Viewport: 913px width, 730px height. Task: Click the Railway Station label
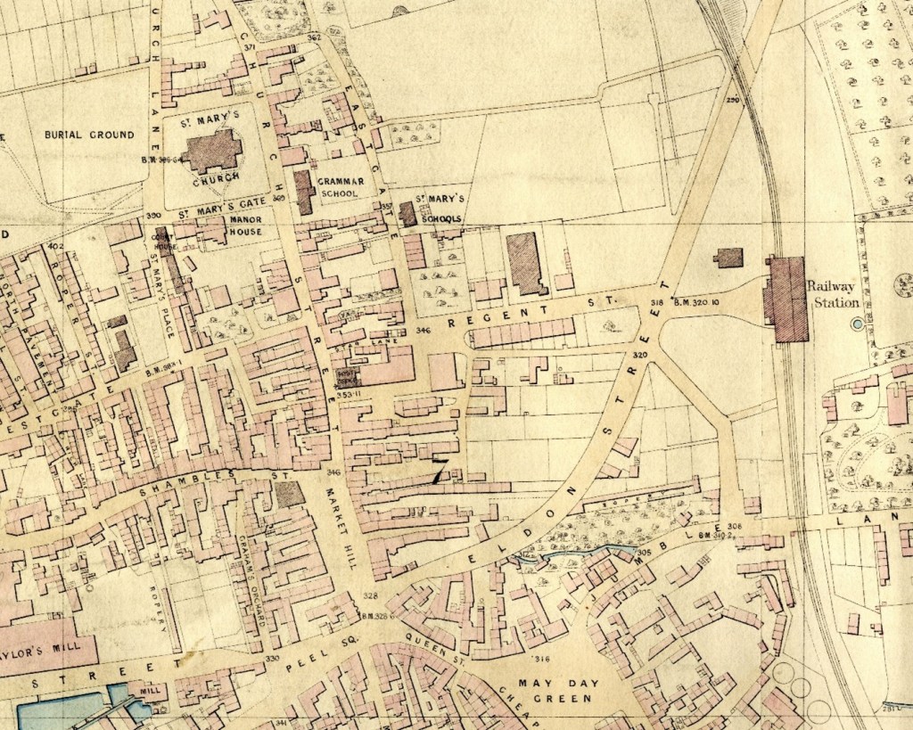833,293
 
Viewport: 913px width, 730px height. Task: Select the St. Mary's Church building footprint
212,151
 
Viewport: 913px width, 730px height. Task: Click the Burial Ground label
89,135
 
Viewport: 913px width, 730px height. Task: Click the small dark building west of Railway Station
728,258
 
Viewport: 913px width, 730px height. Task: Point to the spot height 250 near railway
733,99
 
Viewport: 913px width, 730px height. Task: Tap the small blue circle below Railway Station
858,325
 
